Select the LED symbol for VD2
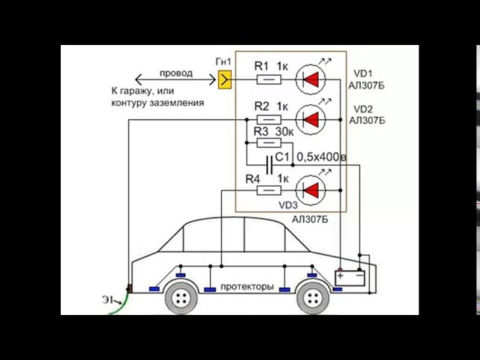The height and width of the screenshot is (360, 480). point(311,118)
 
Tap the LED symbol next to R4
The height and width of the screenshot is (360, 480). point(311,190)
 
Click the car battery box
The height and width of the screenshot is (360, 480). point(350,277)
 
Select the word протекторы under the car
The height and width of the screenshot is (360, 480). point(246,287)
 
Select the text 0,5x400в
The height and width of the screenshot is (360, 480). point(321,157)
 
